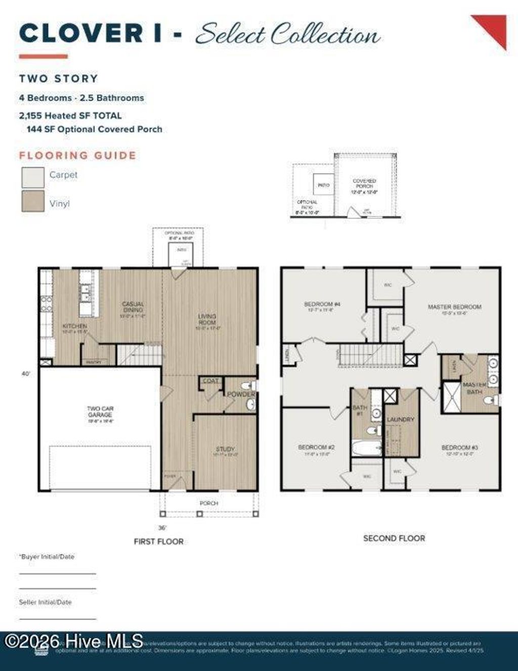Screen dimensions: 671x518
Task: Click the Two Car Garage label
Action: (x=100, y=411)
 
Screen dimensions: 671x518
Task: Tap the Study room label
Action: (x=225, y=449)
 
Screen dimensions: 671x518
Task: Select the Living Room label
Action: (x=207, y=319)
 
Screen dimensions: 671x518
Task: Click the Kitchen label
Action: (x=74, y=327)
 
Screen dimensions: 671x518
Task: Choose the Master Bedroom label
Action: (x=454, y=307)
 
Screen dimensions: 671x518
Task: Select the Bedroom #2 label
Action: (x=316, y=448)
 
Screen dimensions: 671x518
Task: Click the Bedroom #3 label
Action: (x=459, y=448)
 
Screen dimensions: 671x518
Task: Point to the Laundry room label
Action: (x=400, y=420)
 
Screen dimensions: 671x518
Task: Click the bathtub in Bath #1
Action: (x=366, y=448)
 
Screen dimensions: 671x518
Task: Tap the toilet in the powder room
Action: (x=248, y=386)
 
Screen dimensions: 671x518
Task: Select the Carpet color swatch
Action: (x=33, y=177)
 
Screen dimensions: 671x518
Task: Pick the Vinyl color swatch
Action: (x=33, y=201)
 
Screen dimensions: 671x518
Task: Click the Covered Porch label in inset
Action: (x=364, y=184)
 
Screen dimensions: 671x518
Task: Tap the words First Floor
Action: (x=158, y=541)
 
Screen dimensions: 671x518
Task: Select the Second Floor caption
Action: (x=394, y=538)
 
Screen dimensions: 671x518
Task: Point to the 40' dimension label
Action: (x=25, y=374)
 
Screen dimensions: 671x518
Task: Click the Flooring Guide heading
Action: (x=78, y=155)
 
